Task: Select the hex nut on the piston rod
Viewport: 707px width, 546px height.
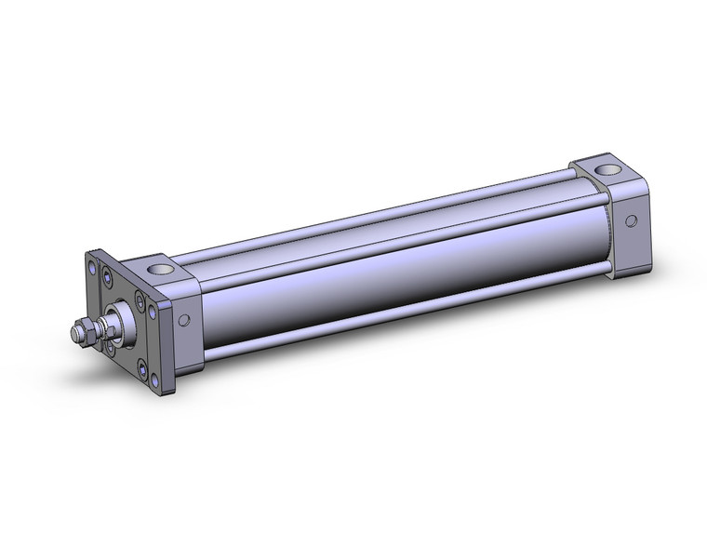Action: [83, 330]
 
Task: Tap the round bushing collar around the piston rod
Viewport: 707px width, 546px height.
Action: [119, 315]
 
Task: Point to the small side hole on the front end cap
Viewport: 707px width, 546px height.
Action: [183, 320]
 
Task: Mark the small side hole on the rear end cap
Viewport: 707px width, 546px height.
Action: [632, 221]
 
